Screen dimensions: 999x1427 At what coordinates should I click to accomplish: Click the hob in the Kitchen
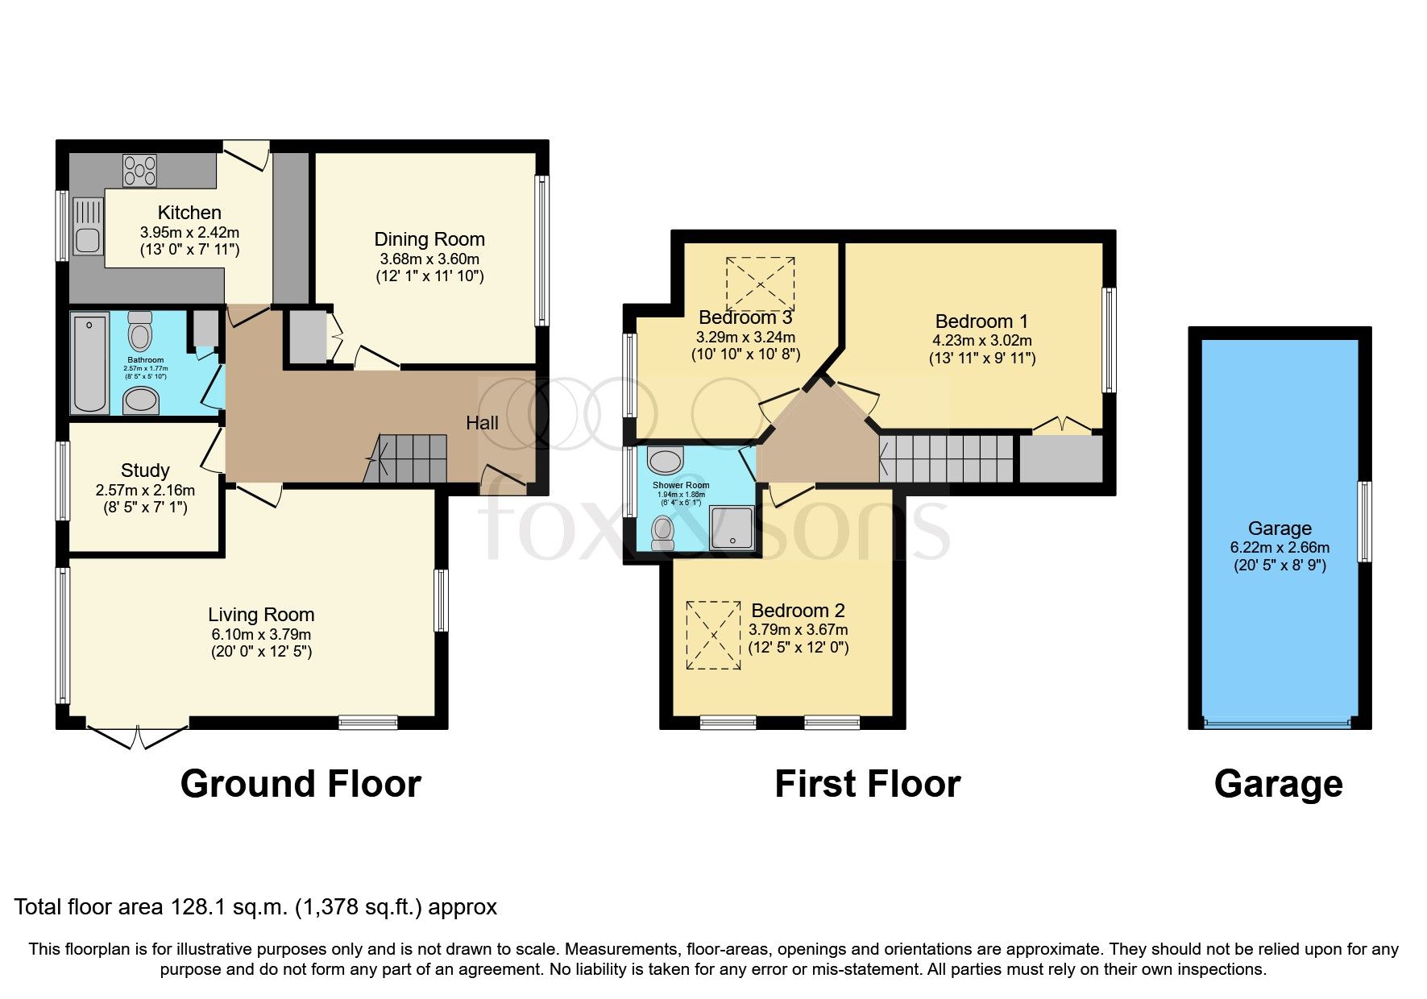139,171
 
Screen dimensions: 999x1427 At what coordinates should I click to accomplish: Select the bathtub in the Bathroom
89,363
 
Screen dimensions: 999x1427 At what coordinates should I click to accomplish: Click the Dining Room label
429,239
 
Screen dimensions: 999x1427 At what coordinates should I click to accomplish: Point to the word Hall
482,423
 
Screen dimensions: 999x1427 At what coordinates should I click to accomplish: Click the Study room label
145,470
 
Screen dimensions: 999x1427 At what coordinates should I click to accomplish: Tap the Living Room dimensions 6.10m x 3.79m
260,635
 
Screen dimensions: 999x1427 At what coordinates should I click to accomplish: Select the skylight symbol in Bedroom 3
760,284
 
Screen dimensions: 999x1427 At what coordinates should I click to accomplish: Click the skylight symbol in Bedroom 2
713,635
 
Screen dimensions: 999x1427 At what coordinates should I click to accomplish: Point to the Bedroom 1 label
981,321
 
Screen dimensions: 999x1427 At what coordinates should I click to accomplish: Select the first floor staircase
947,458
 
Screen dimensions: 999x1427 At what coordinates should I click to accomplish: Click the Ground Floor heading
301,784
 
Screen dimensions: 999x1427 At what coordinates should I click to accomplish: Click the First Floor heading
867,784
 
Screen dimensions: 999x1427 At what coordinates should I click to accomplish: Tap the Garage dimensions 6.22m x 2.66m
1280,548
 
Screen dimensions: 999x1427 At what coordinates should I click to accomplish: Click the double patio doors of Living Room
137,735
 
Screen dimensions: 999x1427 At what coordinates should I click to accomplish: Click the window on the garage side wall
1364,521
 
